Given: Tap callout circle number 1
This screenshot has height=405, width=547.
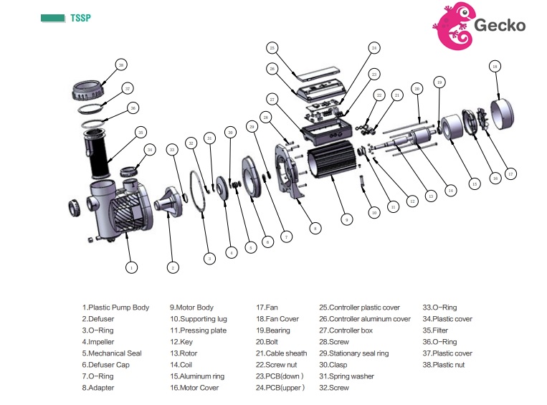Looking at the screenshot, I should tap(131, 267).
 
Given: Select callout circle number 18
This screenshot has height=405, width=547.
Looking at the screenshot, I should tap(494, 66).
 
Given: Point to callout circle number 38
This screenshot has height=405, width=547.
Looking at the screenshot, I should tap(121, 65).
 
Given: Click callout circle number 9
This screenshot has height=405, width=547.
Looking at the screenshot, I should tap(346, 220).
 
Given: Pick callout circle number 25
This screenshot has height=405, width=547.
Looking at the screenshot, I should tap(272, 48).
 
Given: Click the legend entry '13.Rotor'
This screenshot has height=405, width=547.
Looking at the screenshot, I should tap(185, 353).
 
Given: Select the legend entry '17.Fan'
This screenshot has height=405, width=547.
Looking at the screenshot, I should tap(269, 308).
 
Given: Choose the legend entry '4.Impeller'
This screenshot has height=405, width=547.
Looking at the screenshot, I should tap(102, 342).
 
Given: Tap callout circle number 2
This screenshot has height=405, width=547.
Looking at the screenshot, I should tap(173, 267).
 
